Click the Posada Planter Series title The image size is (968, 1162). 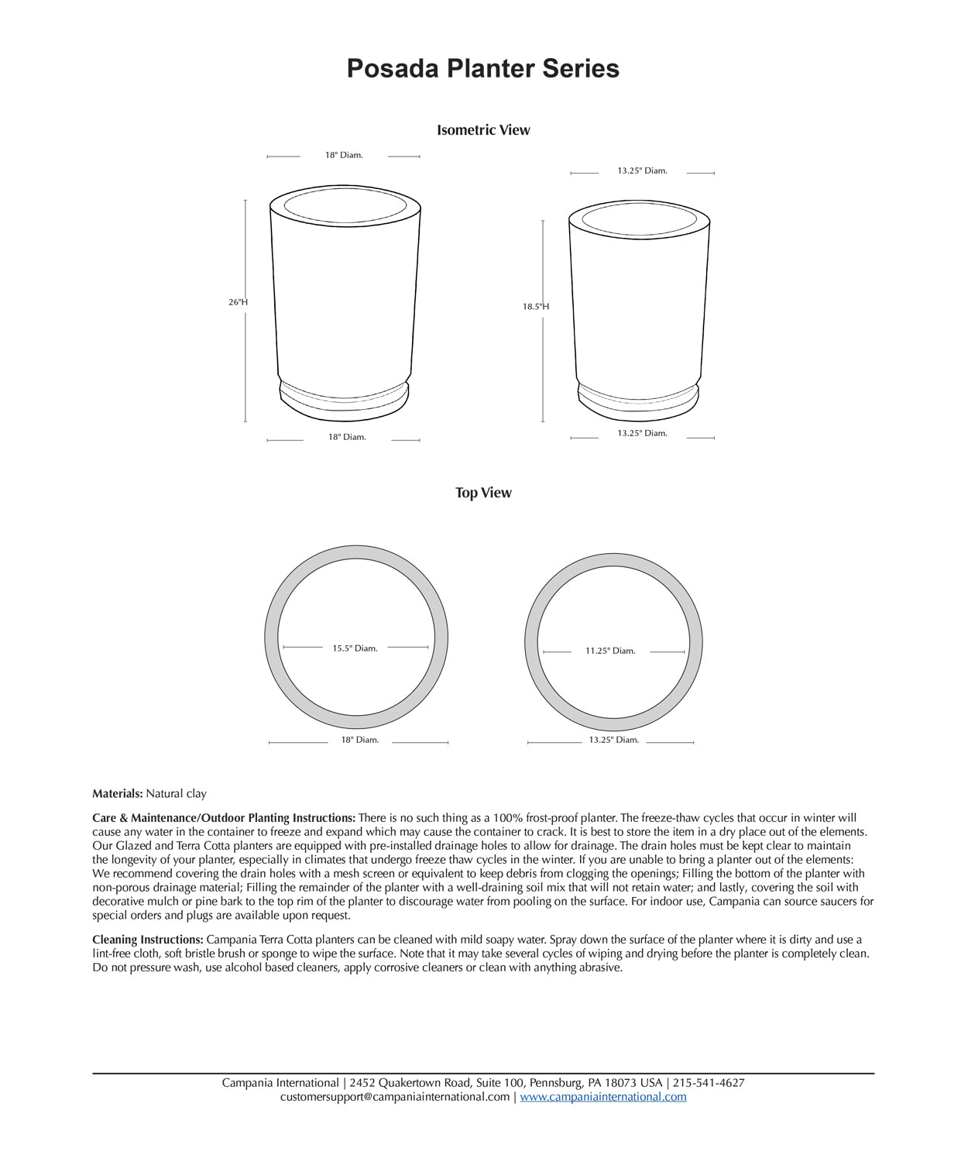click(x=482, y=68)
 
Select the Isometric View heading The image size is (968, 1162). click(x=483, y=130)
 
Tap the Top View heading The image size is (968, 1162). click(x=483, y=493)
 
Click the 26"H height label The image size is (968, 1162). click(x=238, y=302)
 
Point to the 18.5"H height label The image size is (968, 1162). click(x=535, y=307)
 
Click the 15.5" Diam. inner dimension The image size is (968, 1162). click(x=355, y=648)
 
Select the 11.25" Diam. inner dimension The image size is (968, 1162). click(x=610, y=651)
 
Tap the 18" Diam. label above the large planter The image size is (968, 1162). click(x=344, y=155)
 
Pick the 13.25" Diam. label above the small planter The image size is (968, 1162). click(x=642, y=170)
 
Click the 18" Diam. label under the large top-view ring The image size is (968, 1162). click(x=360, y=740)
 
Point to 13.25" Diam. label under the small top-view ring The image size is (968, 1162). click(x=613, y=740)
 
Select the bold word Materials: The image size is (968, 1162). click(x=118, y=793)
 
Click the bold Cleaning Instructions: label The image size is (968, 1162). click(x=148, y=940)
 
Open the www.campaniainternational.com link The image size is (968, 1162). click(x=603, y=1097)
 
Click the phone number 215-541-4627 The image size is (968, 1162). click(x=709, y=1083)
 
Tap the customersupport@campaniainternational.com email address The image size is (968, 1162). click(x=395, y=1097)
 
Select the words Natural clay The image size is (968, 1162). click(x=177, y=793)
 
